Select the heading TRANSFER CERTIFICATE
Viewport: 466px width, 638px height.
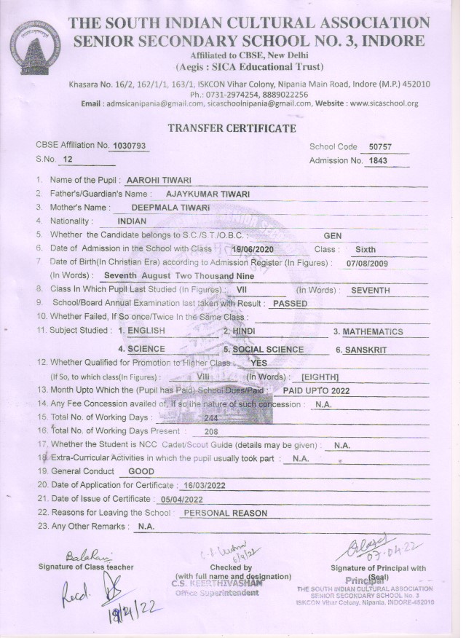pyautogui.click(x=232, y=129)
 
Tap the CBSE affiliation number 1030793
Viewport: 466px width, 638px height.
pyautogui.click(x=129, y=146)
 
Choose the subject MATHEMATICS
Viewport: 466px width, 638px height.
pyautogui.click(x=373, y=331)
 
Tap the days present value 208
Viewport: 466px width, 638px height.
pyautogui.click(x=212, y=431)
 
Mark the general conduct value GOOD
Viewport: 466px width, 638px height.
pyautogui.click(x=141, y=471)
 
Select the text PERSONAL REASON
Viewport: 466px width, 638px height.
pyautogui.click(x=225, y=513)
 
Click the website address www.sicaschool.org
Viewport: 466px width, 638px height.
pyautogui.click(x=384, y=103)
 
